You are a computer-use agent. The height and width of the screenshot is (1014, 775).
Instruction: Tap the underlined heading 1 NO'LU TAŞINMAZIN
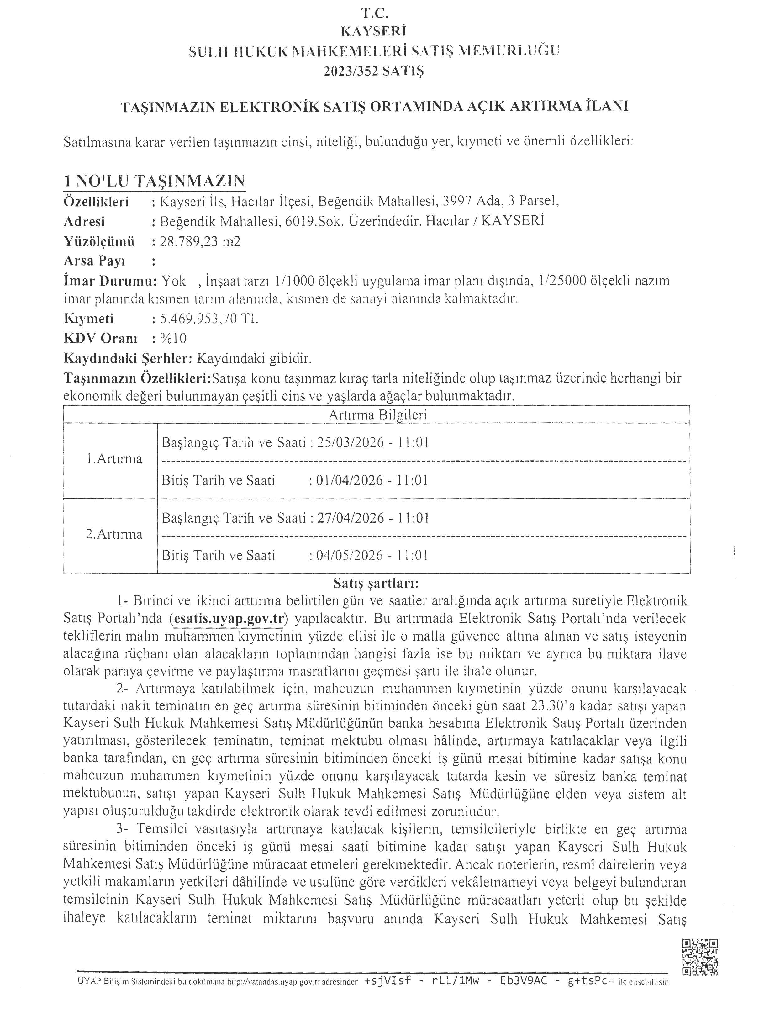click(x=154, y=181)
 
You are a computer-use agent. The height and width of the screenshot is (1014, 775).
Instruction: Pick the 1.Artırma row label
click(x=114, y=459)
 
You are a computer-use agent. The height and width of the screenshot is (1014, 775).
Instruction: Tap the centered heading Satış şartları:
click(x=376, y=584)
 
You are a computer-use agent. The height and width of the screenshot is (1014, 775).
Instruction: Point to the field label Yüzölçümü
click(x=99, y=241)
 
